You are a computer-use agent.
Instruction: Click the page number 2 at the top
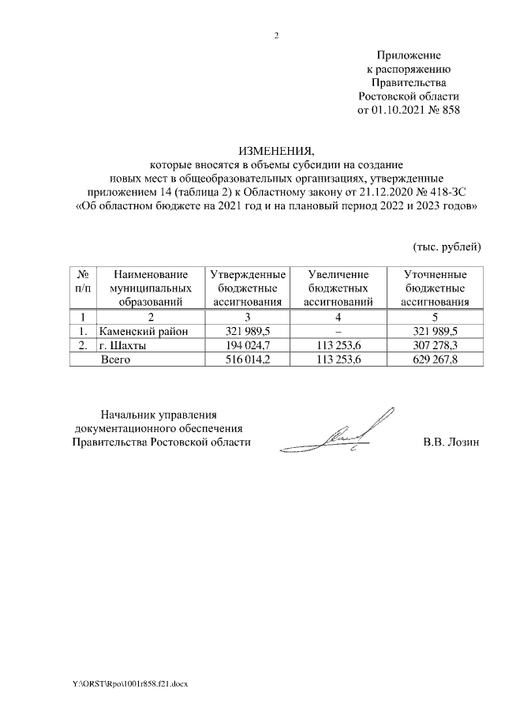point(276,36)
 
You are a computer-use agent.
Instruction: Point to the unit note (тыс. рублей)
point(447,247)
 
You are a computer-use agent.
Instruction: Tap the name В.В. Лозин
point(451,442)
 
